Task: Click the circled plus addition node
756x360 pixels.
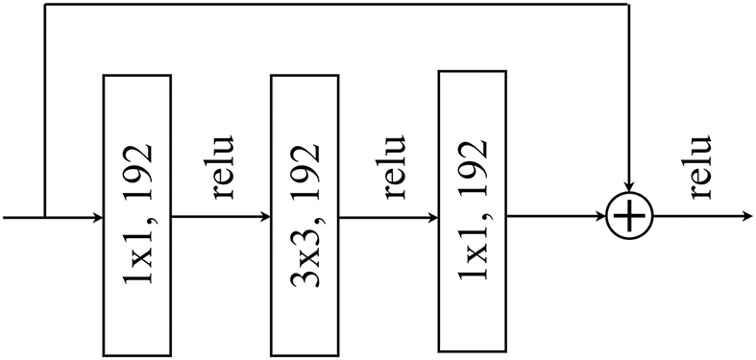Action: point(629,217)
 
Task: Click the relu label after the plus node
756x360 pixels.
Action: point(698,167)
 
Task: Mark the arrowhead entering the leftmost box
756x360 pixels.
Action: point(97,217)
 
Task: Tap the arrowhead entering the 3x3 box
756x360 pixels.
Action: point(265,217)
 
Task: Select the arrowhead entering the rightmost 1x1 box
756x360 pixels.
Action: point(432,217)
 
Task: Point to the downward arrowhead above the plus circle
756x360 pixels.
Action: point(629,185)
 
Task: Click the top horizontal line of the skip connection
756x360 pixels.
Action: point(336,5)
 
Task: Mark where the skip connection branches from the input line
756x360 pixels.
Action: point(45,217)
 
